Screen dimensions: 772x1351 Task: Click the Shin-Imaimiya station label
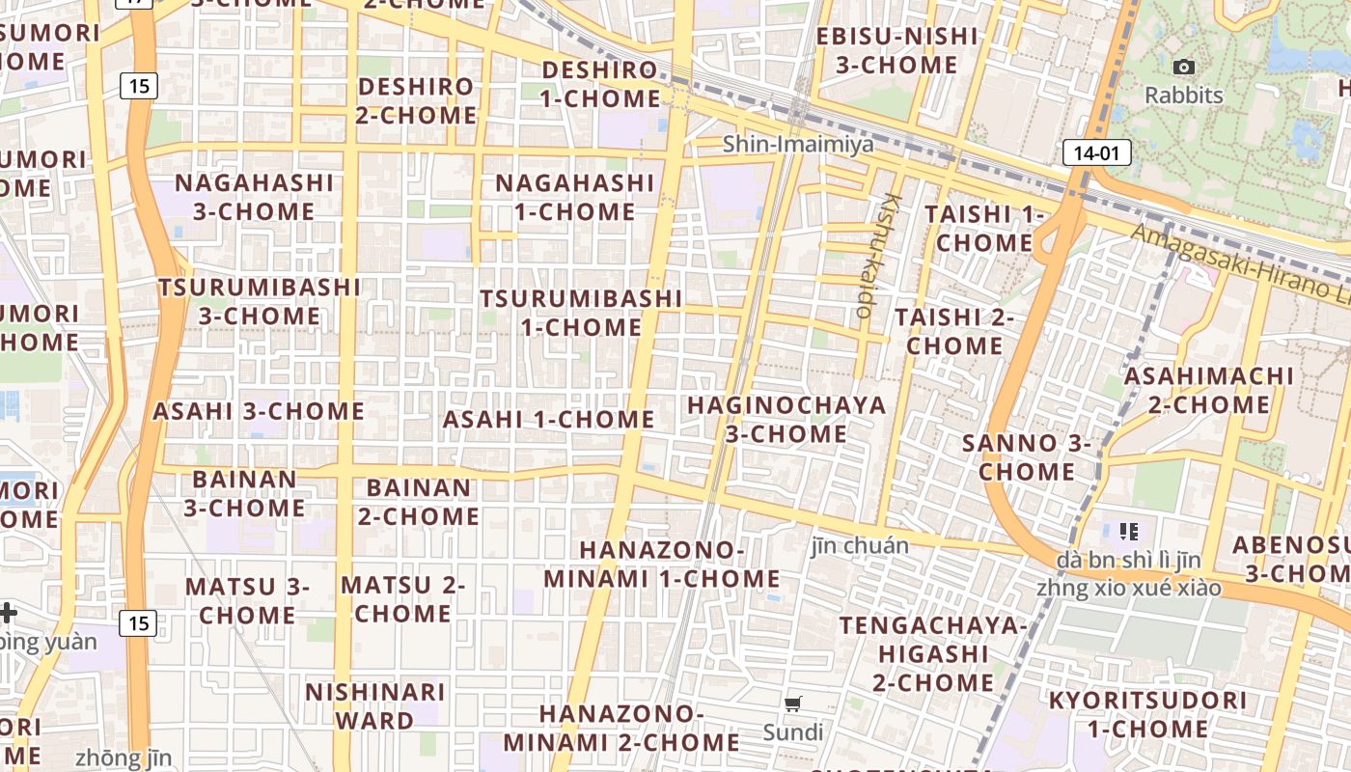click(x=798, y=145)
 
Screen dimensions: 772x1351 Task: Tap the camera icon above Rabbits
click(x=1183, y=67)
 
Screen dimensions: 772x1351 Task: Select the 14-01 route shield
click(x=1096, y=152)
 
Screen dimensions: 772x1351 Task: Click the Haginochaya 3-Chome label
click(x=786, y=420)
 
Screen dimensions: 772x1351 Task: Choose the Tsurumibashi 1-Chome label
click(x=581, y=313)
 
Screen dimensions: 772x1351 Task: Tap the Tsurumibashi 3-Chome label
click(x=260, y=302)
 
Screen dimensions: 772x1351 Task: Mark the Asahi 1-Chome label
click(x=548, y=420)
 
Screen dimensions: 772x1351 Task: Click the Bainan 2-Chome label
click(x=418, y=502)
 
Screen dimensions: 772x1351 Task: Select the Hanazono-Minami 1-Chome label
click(x=662, y=565)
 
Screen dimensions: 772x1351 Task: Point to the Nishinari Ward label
click(x=374, y=706)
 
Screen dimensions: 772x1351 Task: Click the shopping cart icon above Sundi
click(x=793, y=703)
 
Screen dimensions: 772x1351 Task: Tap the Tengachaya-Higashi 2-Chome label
click(x=932, y=653)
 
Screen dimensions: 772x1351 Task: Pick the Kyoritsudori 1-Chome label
click(x=1147, y=714)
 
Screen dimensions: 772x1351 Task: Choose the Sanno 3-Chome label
click(x=1027, y=457)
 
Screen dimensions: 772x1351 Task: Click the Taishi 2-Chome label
click(x=954, y=331)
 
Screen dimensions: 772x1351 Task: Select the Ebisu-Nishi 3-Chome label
click(x=896, y=50)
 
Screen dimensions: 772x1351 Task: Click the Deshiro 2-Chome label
click(x=417, y=100)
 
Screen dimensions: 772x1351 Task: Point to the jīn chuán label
click(x=860, y=546)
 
